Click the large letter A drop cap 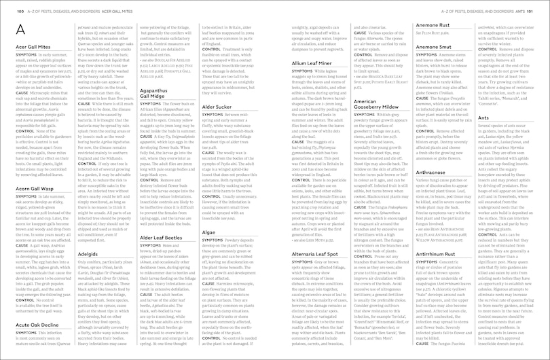coord(22,30)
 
